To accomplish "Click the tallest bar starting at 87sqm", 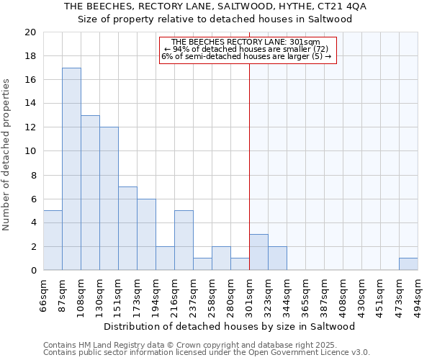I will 71,169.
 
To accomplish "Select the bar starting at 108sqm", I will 90,193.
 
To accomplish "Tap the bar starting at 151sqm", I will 127,228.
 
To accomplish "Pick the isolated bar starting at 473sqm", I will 408,264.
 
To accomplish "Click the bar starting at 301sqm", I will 258,253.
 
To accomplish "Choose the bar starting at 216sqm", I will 184,240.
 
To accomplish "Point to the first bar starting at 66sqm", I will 53,240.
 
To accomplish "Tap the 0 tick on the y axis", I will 33,271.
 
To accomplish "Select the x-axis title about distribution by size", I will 235,327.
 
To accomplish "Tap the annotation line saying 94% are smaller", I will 246,49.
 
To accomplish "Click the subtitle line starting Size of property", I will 215,19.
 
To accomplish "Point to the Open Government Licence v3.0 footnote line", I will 207,353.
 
